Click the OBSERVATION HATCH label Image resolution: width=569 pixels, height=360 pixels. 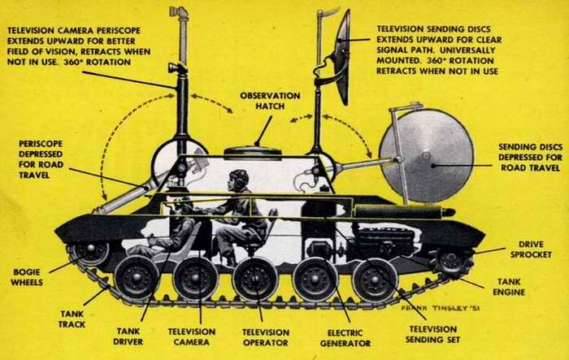point(270,101)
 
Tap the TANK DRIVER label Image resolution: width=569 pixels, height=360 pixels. point(128,336)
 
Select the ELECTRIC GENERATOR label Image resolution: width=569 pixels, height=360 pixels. point(345,338)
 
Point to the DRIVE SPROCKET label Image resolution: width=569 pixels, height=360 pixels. point(531,249)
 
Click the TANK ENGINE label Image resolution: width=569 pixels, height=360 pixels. point(509,287)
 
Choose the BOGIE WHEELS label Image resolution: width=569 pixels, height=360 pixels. point(27,277)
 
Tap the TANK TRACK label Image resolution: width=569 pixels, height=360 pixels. point(72,319)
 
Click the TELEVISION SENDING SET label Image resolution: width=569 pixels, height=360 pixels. point(432,335)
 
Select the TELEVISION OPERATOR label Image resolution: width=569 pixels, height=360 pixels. point(266,337)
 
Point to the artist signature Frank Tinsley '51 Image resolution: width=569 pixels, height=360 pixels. point(441,308)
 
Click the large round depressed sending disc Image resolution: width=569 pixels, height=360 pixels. point(427,156)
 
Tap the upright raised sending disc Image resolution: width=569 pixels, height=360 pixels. point(342,58)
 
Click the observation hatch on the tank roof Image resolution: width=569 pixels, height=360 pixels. point(253,152)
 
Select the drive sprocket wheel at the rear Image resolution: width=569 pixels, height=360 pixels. point(452,262)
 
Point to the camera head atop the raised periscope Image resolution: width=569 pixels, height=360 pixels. point(179,12)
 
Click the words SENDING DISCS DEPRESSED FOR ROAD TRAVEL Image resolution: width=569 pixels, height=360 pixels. point(530,157)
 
